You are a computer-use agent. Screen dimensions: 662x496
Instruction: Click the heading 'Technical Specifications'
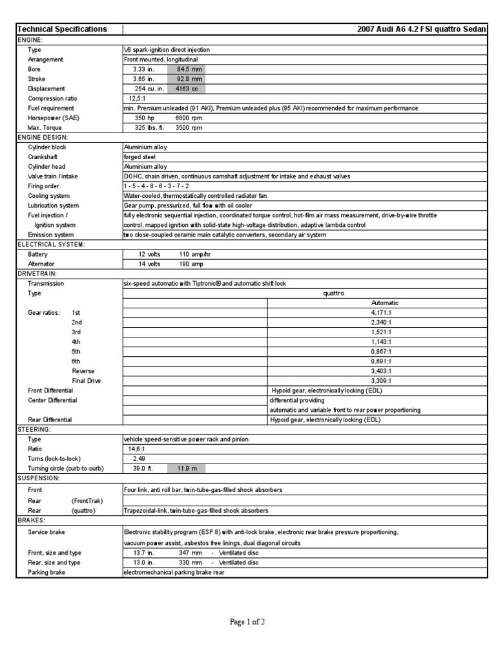coord(62,29)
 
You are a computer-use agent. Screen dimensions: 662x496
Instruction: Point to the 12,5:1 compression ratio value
coord(138,98)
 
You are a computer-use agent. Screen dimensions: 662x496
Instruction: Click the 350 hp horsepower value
coord(144,118)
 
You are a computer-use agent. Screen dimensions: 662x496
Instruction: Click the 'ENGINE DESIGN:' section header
coord(43,138)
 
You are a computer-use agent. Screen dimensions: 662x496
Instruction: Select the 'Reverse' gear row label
coord(83,371)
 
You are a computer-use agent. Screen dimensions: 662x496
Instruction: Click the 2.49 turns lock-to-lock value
coord(138,458)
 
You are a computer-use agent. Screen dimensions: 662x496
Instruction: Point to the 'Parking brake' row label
coord(46,572)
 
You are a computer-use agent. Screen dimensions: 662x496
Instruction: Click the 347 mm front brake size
coord(191,553)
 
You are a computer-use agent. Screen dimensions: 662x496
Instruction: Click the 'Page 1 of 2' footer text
coord(247,622)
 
